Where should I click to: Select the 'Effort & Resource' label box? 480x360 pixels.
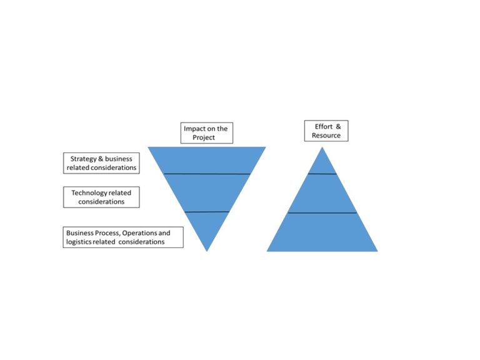326,131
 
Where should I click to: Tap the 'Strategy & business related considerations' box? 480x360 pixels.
101,163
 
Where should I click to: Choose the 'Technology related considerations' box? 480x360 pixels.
101,197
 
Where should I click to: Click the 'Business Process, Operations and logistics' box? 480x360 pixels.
123,237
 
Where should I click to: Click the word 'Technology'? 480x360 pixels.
90,192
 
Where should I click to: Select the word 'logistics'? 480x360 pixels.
80,241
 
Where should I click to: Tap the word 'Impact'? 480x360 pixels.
194,129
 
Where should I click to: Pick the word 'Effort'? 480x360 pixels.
323,126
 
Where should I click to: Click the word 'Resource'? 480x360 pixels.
326,135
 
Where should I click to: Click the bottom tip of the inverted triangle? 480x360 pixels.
207,250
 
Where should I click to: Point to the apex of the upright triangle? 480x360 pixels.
322,148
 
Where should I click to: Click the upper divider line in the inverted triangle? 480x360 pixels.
207,173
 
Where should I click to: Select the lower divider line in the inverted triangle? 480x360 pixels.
207,212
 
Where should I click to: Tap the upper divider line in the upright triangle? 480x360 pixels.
322,173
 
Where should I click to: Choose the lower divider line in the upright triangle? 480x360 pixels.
322,213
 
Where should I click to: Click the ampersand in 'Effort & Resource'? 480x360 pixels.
338,126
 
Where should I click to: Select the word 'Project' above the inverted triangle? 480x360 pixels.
207,137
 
